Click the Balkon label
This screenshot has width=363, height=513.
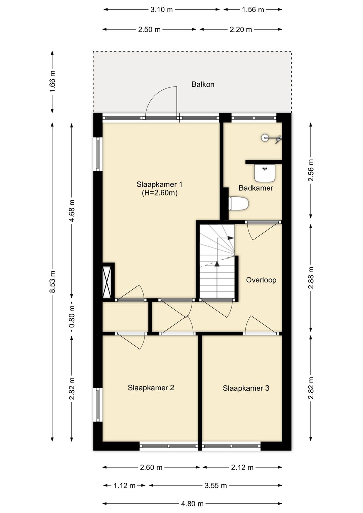pos(203,84)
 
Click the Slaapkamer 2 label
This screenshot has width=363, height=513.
pos(151,388)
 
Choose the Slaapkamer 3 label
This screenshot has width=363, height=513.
pos(246,388)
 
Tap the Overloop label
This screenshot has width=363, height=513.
pos(261,280)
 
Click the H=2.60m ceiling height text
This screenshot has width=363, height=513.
pos(160,193)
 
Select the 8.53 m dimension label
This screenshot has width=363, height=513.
pos(53,282)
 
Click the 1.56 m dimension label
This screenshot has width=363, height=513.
pos(253,10)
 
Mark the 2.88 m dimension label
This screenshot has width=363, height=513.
pos(311,278)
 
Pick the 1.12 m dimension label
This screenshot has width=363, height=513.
pos(125,485)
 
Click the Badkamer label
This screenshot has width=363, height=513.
pos(255,188)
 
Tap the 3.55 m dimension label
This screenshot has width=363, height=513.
pos(215,485)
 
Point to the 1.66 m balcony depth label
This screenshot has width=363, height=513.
pos(53,81)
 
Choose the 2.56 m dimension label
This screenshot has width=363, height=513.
pos(311,170)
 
